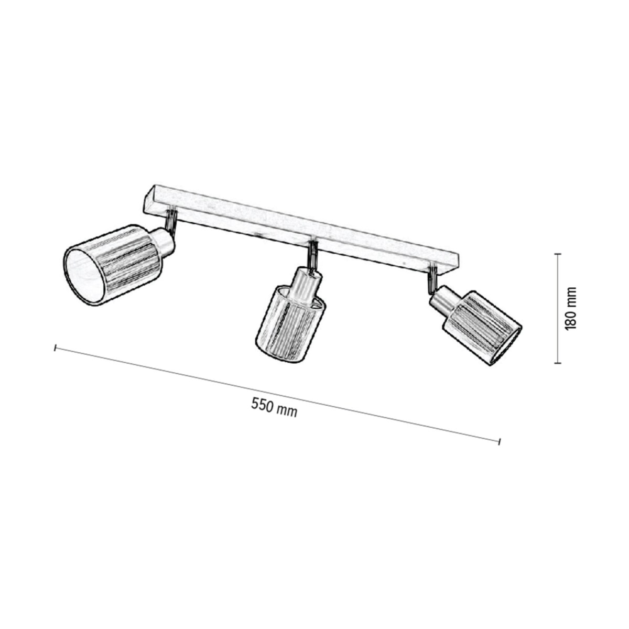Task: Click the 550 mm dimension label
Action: pyautogui.click(x=274, y=406)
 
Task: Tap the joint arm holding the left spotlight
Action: pyautogui.click(x=171, y=220)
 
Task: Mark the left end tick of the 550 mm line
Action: pyautogui.click(x=55, y=348)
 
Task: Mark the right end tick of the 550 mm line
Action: pyautogui.click(x=499, y=441)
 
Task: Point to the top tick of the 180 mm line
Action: pyautogui.click(x=559, y=254)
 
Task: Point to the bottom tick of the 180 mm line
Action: pyautogui.click(x=559, y=362)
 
